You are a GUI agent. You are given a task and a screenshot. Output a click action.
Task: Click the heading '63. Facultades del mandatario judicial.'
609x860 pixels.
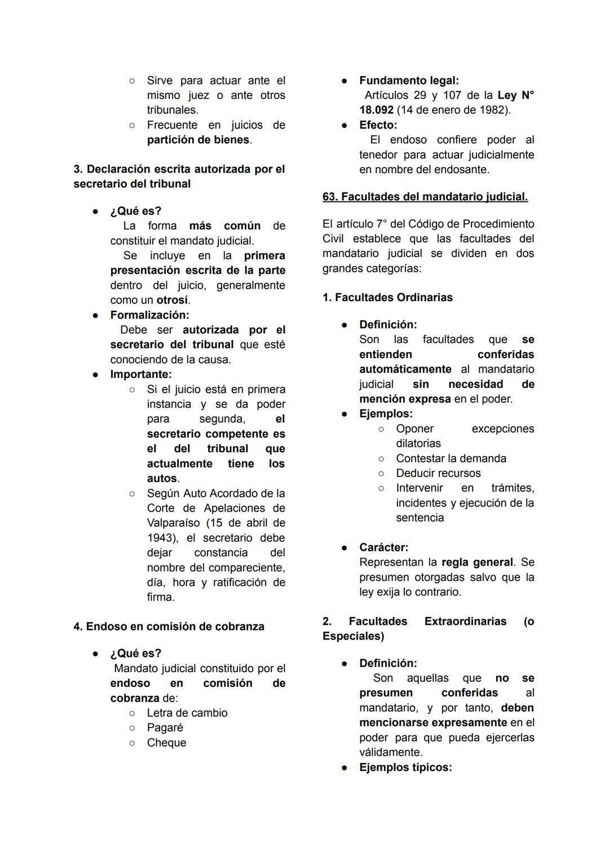425,197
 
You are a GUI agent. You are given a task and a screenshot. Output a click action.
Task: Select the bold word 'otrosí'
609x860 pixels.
172,300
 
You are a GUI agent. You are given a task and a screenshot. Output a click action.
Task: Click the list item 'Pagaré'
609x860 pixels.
165,727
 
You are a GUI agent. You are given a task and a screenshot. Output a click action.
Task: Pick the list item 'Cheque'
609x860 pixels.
166,743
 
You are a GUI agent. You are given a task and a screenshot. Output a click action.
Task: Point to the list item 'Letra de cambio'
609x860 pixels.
187,713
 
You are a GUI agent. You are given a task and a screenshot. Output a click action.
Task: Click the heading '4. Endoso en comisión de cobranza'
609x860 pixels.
169,627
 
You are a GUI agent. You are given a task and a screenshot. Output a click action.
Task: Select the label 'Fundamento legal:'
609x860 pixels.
409,81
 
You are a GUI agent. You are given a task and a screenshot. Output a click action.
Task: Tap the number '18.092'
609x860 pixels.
376,110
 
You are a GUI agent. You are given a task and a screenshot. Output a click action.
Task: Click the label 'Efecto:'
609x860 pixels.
378,125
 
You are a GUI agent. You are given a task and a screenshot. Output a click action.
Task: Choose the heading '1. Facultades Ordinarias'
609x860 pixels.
387,297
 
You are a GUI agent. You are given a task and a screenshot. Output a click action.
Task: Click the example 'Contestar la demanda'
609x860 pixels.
451,458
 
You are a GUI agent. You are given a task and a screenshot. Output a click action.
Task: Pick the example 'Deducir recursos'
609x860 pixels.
438,473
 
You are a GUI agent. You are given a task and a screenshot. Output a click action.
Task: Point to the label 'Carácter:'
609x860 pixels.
383,547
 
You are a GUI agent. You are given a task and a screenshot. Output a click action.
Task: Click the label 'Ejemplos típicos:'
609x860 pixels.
405,767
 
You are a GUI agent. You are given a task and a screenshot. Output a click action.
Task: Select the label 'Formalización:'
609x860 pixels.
149,315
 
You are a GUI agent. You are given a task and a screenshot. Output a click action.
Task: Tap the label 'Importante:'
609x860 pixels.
141,374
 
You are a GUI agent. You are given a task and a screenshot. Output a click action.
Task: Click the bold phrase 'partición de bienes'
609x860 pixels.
198,140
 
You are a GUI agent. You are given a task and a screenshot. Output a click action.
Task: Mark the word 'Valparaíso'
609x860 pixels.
173,523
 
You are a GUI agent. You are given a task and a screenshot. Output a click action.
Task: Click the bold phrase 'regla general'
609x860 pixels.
477,562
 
